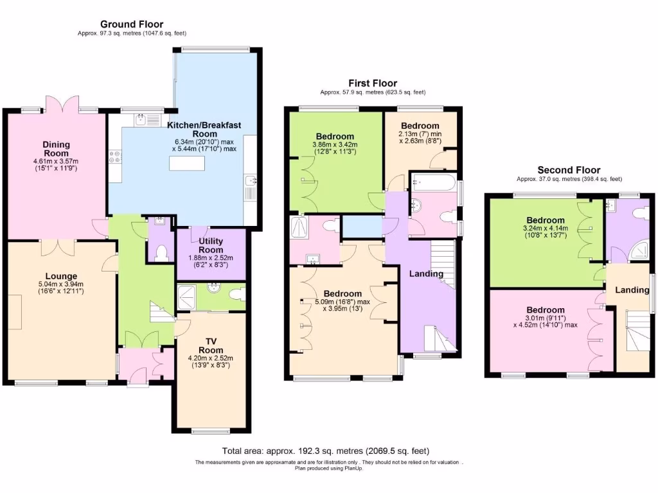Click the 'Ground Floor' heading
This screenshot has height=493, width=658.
point(132,24)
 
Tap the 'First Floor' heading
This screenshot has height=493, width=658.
point(373,83)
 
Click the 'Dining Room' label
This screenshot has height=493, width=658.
point(57,148)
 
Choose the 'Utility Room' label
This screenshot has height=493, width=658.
point(211,245)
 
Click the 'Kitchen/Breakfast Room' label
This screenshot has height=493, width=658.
point(200,129)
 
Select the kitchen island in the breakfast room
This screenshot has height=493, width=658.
point(187,164)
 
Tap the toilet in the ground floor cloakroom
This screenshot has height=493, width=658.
point(161,253)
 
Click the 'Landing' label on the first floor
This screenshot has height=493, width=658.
point(427,274)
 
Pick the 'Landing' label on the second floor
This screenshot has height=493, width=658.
point(632,290)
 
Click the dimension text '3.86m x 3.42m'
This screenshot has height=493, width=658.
point(335,145)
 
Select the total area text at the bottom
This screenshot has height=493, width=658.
point(325,451)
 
